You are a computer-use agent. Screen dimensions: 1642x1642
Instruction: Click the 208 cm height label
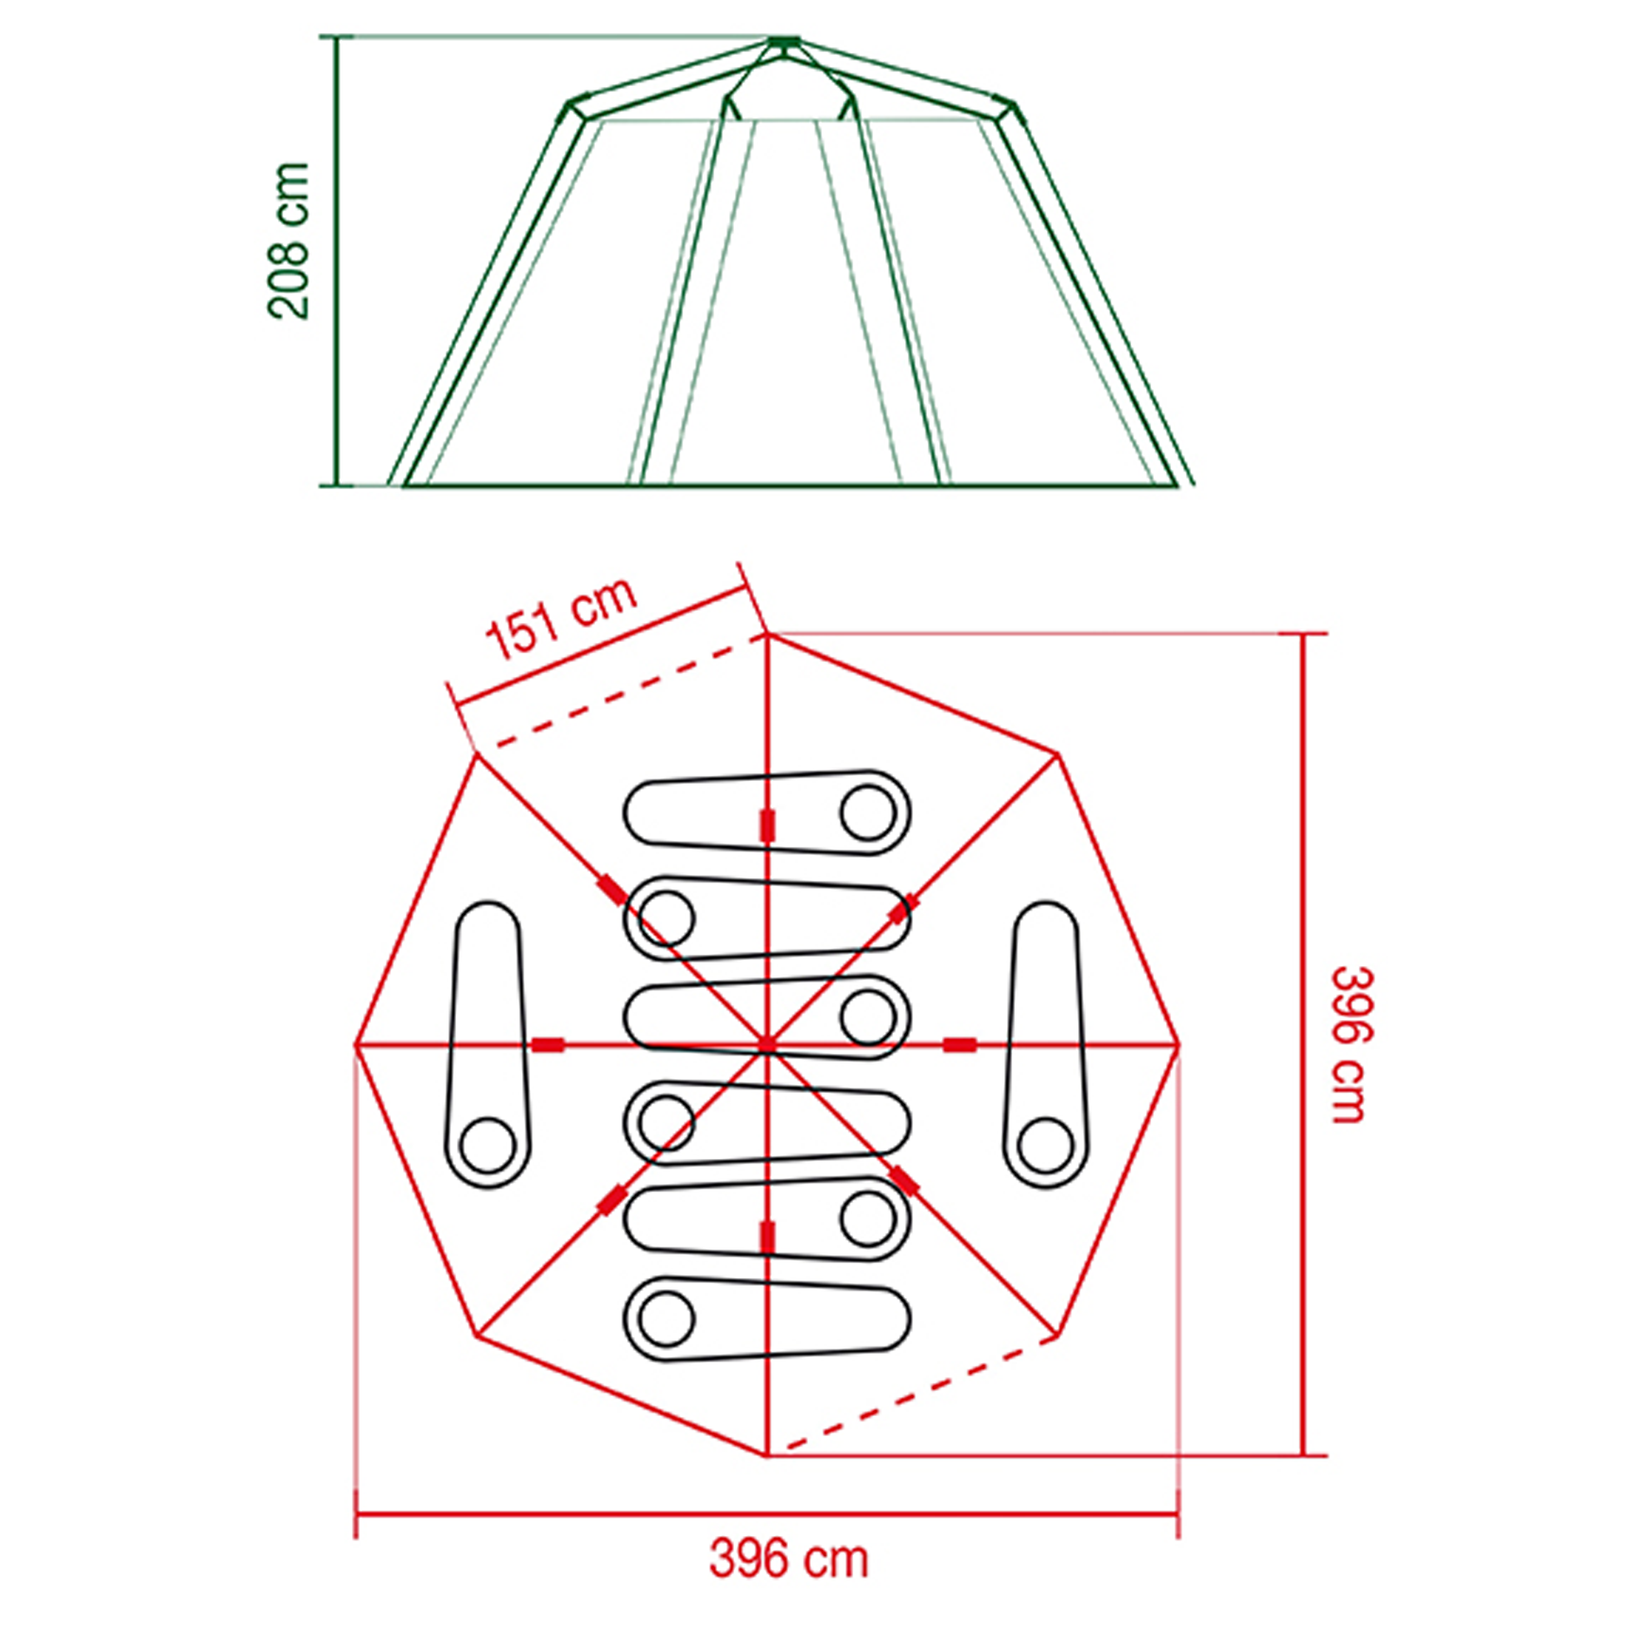click(x=288, y=241)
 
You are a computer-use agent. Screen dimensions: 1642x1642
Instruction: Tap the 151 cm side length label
click(x=561, y=618)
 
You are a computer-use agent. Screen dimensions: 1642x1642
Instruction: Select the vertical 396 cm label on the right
click(x=1352, y=1044)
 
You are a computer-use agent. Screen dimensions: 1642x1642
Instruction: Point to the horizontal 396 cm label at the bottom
click(x=789, y=1559)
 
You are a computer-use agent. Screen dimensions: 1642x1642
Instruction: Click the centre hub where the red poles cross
click(x=766, y=1044)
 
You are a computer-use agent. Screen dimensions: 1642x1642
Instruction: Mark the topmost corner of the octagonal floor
click(x=767, y=635)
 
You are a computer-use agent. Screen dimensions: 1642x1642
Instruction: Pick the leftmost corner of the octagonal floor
click(x=356, y=1044)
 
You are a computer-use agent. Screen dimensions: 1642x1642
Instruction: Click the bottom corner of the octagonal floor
click(x=766, y=1454)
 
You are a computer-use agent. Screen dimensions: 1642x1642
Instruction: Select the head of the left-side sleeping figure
click(x=488, y=1145)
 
